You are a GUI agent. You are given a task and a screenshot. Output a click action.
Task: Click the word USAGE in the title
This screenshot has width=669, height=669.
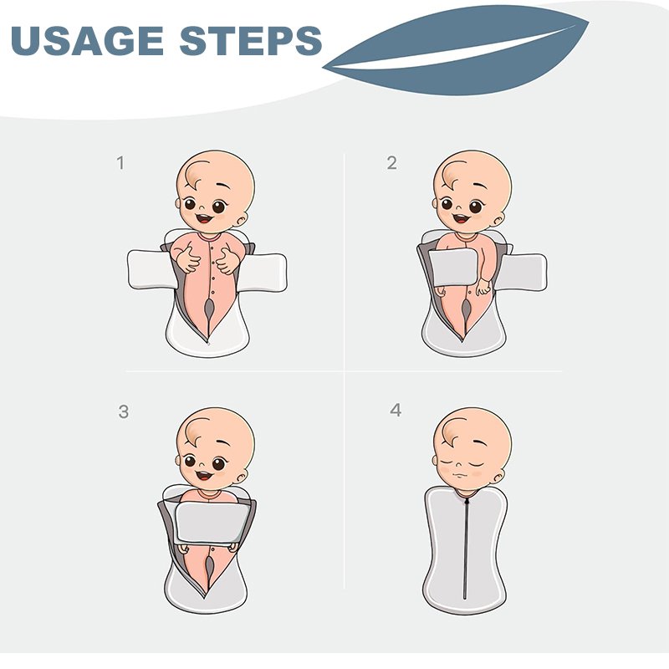click(x=87, y=40)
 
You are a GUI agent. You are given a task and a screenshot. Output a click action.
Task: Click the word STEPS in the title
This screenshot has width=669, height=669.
click(x=251, y=40)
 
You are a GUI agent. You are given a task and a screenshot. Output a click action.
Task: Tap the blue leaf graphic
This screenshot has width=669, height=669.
click(x=456, y=50)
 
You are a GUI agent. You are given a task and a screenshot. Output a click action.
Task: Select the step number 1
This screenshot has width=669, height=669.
click(x=120, y=163)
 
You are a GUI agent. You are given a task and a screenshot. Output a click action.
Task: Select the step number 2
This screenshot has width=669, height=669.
click(x=391, y=163)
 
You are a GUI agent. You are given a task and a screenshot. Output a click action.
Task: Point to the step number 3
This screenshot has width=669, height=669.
click(x=123, y=411)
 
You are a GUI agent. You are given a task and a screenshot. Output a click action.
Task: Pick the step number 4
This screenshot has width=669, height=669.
click(x=396, y=410)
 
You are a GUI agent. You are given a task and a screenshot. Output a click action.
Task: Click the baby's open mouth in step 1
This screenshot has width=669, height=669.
click(x=204, y=218)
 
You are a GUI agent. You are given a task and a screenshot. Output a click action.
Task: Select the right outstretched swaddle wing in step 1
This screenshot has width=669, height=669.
click(x=264, y=272)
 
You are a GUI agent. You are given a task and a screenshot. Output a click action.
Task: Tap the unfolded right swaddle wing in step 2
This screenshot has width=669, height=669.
click(x=523, y=273)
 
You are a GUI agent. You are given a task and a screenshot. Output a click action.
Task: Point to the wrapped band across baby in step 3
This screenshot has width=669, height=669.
click(x=212, y=522)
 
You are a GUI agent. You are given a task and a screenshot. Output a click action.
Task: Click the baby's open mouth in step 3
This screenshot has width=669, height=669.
click(x=204, y=474)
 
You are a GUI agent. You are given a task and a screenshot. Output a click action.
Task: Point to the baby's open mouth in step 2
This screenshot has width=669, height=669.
click(x=462, y=218)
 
